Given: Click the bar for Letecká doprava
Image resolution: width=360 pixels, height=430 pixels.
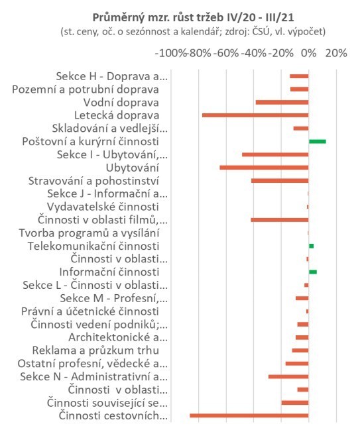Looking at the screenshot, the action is (255, 115).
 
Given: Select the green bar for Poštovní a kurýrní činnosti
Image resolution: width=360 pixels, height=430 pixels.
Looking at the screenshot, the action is (317, 142).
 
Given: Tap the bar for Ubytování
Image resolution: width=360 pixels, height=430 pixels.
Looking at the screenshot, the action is (264, 168).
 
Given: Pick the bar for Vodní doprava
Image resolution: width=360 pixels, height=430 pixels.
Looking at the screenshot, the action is (282, 102).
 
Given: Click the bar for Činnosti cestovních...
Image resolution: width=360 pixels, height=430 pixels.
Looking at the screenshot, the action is (249, 415).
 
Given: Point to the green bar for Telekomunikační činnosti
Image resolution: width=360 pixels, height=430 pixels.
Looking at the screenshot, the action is (311, 246).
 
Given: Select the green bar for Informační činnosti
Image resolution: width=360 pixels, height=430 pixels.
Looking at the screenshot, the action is (313, 272).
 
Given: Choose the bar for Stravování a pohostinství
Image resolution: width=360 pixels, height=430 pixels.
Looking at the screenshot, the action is (280, 181).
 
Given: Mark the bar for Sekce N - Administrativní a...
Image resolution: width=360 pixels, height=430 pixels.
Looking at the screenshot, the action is (288, 376).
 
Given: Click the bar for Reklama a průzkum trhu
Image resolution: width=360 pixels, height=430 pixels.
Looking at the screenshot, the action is (300, 350).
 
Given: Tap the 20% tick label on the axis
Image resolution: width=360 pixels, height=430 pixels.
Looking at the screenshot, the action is (336, 53).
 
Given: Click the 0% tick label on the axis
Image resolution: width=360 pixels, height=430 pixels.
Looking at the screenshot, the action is (309, 53).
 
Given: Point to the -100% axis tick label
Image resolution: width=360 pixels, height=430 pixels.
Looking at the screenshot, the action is (170, 53).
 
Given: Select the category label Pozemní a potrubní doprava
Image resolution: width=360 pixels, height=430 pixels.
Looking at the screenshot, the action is (86, 89).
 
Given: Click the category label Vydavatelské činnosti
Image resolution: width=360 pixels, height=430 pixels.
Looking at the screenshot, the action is (103, 207).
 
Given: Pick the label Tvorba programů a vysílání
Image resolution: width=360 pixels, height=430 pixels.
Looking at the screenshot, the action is (90, 233).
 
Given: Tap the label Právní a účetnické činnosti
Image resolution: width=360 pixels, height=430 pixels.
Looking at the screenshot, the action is (90, 311).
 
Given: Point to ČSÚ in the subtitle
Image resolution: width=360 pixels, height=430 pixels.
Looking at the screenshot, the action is (260, 32).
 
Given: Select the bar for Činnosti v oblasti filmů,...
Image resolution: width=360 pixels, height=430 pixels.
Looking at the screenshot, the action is (280, 220).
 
